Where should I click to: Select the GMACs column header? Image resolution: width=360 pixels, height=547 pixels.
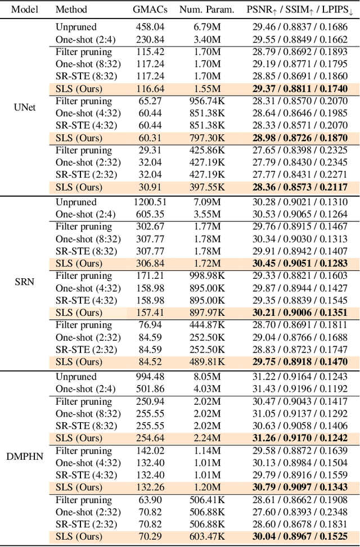(x=147, y=10)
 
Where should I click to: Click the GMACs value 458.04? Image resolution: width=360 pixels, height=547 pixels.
(x=147, y=27)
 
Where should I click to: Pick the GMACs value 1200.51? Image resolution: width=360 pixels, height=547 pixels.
(x=147, y=202)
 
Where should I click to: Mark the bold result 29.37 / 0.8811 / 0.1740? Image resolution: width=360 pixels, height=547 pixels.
(x=299, y=89)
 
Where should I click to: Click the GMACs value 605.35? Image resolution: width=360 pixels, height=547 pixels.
(x=147, y=214)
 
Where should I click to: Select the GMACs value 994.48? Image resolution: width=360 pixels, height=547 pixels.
(x=147, y=377)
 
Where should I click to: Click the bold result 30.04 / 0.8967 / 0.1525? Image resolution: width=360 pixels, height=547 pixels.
(x=299, y=537)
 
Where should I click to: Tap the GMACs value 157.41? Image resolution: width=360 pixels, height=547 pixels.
(x=147, y=313)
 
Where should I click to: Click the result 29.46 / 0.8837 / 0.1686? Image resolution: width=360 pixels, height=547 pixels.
(x=299, y=27)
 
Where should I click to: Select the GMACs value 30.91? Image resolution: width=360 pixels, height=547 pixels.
(x=147, y=187)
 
